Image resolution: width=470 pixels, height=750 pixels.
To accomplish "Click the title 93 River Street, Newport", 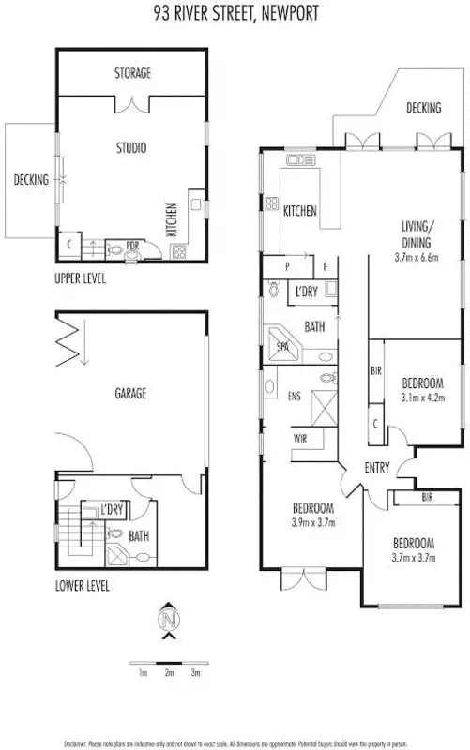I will [x=235, y=13].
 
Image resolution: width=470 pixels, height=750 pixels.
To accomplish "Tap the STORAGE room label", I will [x=132, y=72].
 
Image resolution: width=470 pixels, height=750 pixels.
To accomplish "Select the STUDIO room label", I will [x=130, y=147].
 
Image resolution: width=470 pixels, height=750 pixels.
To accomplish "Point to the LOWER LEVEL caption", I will [x=83, y=587].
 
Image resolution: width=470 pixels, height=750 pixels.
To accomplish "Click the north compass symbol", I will [x=168, y=621].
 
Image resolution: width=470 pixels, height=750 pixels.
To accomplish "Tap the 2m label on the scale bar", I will [x=169, y=673].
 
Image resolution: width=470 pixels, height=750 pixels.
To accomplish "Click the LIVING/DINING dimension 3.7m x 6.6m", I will [x=417, y=256].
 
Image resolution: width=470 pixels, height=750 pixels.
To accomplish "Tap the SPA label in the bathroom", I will [x=282, y=346].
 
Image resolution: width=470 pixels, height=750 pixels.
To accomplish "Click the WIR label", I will [x=300, y=437].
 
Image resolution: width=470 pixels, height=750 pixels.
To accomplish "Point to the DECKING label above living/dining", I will [x=423, y=108].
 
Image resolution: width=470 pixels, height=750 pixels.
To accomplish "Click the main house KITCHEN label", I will [x=299, y=212].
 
